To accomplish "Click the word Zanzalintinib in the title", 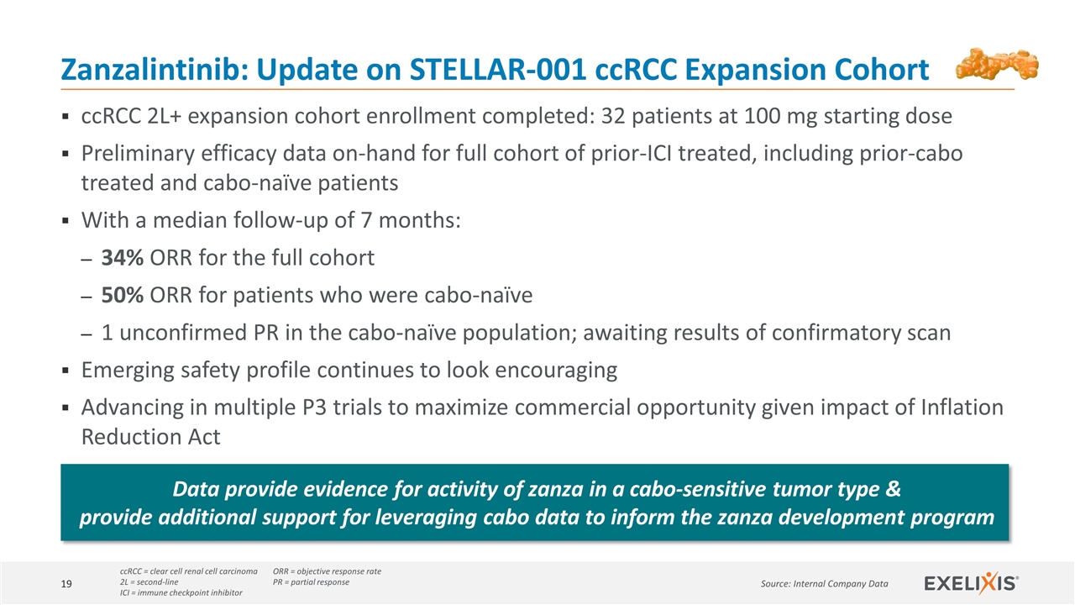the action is [x=155, y=69].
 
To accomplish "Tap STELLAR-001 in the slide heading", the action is [x=498, y=69].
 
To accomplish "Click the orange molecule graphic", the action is [x=997, y=64].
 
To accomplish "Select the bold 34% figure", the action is [x=122, y=257].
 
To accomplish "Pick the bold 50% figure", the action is [x=122, y=295].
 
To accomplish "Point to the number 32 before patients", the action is [x=613, y=116].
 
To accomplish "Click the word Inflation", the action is [x=962, y=408].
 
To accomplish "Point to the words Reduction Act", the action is [x=150, y=437].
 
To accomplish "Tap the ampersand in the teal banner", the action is [x=893, y=489].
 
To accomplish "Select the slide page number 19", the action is [x=66, y=584].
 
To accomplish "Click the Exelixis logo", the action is [x=972, y=583].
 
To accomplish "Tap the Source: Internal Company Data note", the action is [x=825, y=584].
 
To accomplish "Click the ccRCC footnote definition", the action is [x=189, y=571].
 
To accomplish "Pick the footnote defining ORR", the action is [x=327, y=571].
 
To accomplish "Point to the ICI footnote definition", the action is [x=181, y=592].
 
